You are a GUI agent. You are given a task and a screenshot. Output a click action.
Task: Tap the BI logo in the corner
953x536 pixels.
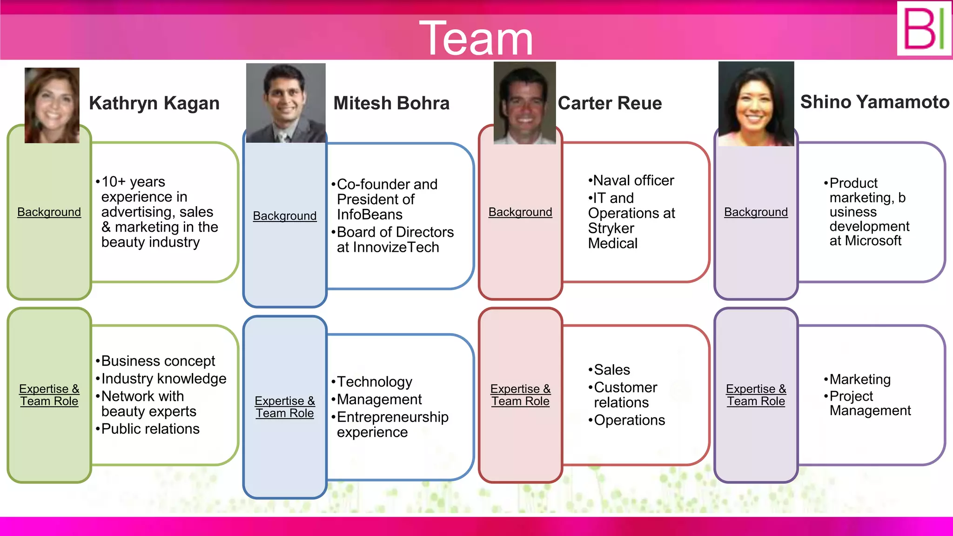tap(924, 29)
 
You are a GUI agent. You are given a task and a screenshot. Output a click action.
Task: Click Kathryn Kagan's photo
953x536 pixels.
tap(52, 106)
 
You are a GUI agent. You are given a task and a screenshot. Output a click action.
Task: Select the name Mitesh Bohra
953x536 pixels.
tap(391, 103)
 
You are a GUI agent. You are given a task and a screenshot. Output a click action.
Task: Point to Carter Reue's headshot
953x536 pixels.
tap(524, 103)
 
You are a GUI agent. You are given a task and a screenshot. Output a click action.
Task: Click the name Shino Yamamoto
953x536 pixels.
tap(874, 102)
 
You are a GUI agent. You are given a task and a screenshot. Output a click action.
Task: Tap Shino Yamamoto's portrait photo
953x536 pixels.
tap(756, 104)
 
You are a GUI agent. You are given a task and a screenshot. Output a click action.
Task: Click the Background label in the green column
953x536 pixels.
tap(49, 212)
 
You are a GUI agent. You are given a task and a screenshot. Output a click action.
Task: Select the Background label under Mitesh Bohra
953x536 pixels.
tap(285, 216)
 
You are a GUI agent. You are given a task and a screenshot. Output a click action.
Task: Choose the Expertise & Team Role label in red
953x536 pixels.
tap(520, 395)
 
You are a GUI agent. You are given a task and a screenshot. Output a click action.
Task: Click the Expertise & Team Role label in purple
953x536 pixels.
tap(756, 395)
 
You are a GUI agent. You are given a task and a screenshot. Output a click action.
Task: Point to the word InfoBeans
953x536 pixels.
tap(369, 215)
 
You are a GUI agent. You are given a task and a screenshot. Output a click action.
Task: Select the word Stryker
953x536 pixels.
tap(611, 228)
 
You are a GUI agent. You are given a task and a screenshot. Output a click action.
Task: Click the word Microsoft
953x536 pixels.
tap(873, 241)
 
